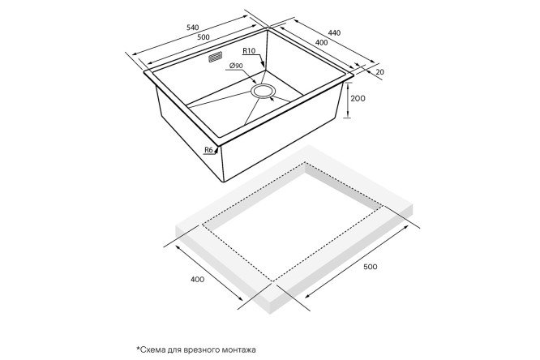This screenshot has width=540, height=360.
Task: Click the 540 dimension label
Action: pos(192,28)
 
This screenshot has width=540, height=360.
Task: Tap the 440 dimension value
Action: pos(334,32)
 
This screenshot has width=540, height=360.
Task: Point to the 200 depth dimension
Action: pos(358,99)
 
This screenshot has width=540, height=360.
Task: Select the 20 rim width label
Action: pos(379,72)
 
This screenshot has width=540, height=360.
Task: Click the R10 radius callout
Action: pos(249,50)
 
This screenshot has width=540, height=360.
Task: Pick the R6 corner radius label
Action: pos(208,149)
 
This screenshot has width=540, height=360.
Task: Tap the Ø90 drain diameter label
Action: pos(236,66)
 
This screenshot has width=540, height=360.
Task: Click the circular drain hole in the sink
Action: pos(264,91)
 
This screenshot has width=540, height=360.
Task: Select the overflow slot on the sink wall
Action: pos(215,58)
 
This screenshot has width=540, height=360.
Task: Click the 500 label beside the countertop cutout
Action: pos(371,267)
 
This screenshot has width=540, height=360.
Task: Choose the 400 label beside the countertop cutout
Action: pos(197,279)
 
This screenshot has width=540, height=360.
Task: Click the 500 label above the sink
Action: pos(204,37)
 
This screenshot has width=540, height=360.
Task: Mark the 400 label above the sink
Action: pos(321,43)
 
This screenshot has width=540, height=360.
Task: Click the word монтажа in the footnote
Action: pos(240,350)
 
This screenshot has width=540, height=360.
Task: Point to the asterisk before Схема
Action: pos(138,349)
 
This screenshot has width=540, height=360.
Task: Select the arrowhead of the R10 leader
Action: pos(264,64)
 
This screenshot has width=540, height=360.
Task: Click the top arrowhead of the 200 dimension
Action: pos(348,85)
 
